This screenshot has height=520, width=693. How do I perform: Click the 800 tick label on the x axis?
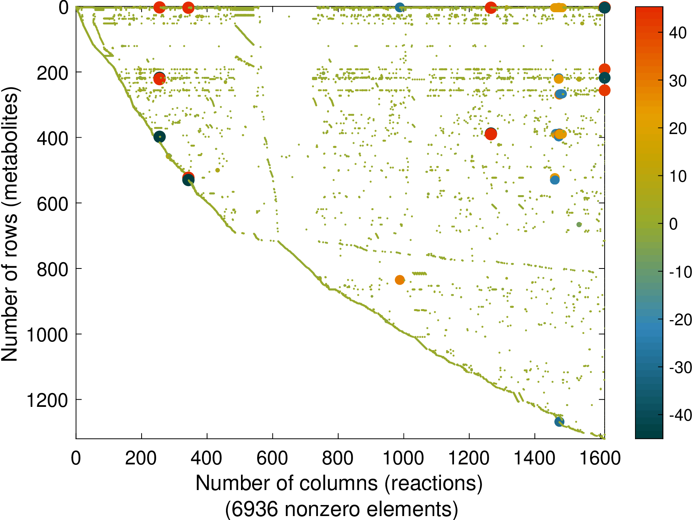338,458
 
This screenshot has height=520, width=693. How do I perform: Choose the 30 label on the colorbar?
678,81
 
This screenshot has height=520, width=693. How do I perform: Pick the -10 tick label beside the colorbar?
680,272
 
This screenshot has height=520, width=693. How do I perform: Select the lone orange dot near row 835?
400,280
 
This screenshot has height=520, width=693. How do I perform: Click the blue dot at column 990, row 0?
400,7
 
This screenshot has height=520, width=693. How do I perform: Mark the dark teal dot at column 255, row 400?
159,137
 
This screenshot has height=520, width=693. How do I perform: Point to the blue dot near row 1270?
559,422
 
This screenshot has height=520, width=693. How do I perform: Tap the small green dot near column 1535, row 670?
579,225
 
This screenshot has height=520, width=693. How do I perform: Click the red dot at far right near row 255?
604,90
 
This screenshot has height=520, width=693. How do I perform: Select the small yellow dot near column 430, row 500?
217,170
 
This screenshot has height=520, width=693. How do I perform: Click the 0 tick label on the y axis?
64,8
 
